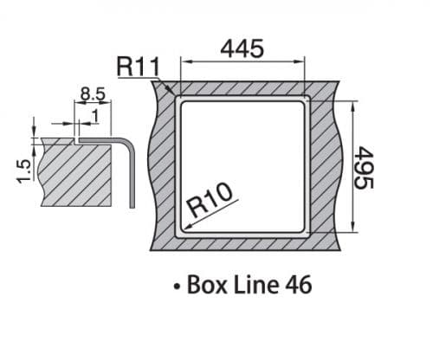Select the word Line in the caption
[x=252, y=285]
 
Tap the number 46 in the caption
[x=294, y=285]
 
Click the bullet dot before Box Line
[x=176, y=286]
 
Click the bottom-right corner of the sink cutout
[x=307, y=233]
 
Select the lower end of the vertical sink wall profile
[x=132, y=205]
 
